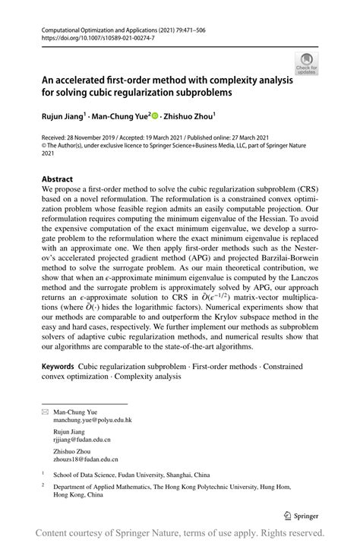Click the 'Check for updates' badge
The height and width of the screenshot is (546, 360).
point(306,62)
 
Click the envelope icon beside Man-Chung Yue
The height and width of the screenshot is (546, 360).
point(45,411)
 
